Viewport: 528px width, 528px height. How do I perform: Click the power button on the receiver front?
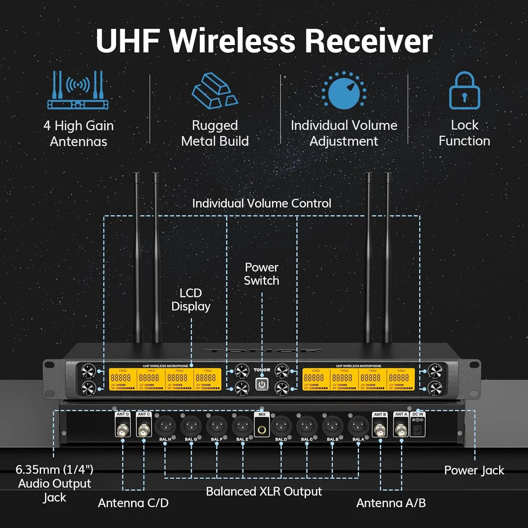click(262, 384)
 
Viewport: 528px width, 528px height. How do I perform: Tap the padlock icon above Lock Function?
click(464, 91)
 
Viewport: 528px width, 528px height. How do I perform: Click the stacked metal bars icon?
click(215, 90)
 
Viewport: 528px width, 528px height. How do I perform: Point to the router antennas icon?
click(78, 90)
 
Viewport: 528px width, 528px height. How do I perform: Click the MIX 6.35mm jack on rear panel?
click(262, 429)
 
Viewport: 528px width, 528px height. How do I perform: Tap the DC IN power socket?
click(418, 429)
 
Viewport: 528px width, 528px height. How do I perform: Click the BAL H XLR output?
click(165, 426)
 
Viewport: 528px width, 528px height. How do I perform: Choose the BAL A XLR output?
click(358, 426)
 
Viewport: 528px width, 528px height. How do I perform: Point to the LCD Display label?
click(191, 300)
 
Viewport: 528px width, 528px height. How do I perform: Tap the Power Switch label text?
click(262, 274)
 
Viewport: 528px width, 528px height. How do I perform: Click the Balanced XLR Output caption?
click(264, 491)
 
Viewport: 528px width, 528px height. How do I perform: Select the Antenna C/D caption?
click(133, 503)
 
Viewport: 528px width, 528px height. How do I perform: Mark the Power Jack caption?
click(474, 470)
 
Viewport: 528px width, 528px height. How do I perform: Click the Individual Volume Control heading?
click(262, 203)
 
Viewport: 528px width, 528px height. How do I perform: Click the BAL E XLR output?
click(242, 426)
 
